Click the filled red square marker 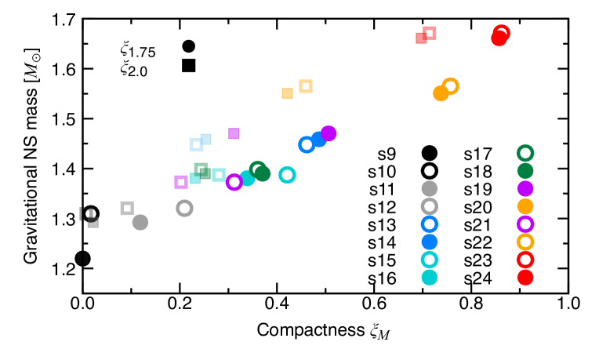[x=421, y=38]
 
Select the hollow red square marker [x=430, y=33]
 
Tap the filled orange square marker [x=287, y=93]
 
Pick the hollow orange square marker [x=306, y=86]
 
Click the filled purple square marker [x=234, y=133]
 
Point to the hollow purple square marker [x=181, y=182]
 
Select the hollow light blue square [x=196, y=144]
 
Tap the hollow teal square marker [x=219, y=175]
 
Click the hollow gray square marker [x=127, y=208]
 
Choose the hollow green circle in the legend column [x=525, y=153]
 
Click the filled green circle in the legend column [x=525, y=170]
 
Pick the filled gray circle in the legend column [x=430, y=188]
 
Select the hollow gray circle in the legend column [x=430, y=206]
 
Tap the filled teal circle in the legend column [x=430, y=277]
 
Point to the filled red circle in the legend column [x=525, y=277]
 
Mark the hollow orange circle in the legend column [x=525, y=242]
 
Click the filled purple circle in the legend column [x=525, y=188]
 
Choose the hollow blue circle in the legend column [x=430, y=224]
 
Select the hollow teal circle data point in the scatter [x=287, y=175]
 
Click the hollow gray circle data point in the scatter [x=184, y=208]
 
